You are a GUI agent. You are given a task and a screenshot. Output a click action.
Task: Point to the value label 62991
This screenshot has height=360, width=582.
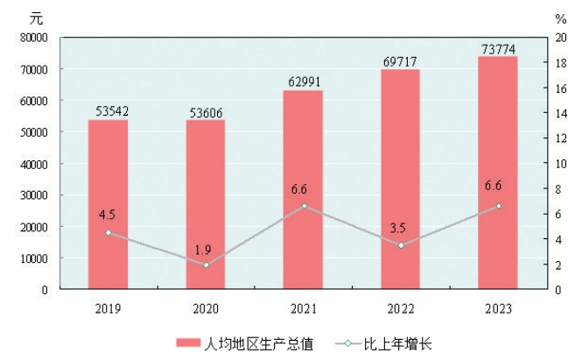click(x=303, y=81)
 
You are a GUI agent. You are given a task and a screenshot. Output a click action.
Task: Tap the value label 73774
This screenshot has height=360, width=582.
click(x=498, y=47)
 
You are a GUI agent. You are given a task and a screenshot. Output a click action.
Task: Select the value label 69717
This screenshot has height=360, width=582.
click(x=400, y=60)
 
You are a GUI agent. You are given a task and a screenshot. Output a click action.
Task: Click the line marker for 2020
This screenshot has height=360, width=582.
click(x=206, y=265)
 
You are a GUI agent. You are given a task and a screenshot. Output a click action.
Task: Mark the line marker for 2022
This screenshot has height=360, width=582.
click(x=400, y=245)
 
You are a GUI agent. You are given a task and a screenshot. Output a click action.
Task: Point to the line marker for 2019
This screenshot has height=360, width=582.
click(x=108, y=232)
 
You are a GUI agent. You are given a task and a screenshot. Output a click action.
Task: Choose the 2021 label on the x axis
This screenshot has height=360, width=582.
click(x=303, y=308)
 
